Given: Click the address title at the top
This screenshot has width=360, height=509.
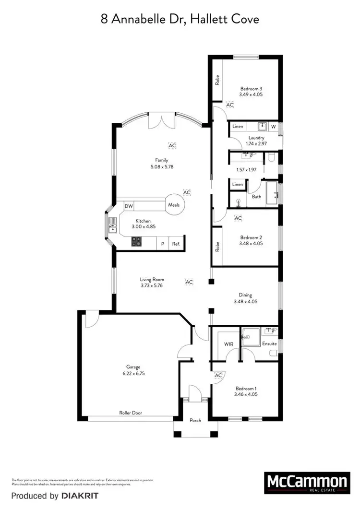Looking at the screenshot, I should pyautogui.click(x=180, y=20).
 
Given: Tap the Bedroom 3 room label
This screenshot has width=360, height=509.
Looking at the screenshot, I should pyautogui.click(x=251, y=89).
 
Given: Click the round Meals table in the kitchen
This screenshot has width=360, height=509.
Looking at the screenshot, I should pyautogui.click(x=174, y=205).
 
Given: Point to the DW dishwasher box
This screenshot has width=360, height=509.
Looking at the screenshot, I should pyautogui.click(x=128, y=206).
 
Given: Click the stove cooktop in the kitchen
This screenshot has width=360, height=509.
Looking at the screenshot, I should pyautogui.click(x=136, y=242).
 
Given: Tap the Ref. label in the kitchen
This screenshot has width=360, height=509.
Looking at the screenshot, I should pyautogui.click(x=176, y=244).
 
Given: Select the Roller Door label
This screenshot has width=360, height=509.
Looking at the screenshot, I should pyautogui.click(x=131, y=413).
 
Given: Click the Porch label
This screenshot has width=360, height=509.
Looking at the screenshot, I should pyautogui.click(x=195, y=420).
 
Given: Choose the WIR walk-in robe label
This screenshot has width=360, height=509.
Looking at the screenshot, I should pyautogui.click(x=228, y=344).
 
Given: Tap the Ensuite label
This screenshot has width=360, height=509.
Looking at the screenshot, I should pyautogui.click(x=269, y=344).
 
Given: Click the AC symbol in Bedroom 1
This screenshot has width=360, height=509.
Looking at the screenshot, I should pyautogui.click(x=219, y=375).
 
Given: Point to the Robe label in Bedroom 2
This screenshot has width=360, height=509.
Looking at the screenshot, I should pyautogui.click(x=217, y=247).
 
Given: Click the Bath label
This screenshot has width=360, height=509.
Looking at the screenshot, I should pyautogui.click(x=256, y=197).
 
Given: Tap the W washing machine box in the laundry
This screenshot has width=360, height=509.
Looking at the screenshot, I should pyautogui.click(x=273, y=127).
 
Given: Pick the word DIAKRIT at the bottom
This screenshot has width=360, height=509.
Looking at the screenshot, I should pyautogui.click(x=81, y=495).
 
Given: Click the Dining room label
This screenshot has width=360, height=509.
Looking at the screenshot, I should pyautogui.click(x=245, y=296).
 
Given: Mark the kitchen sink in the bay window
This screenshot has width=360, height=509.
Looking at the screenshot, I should pyautogui.click(x=112, y=226).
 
